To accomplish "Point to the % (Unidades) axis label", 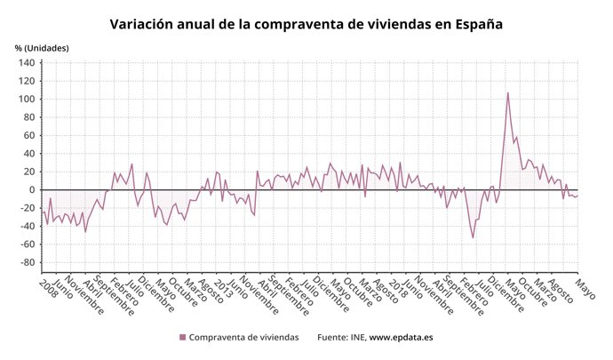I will pos(41,47).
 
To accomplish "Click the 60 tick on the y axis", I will pos(28,135).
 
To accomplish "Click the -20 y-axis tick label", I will pos(26,208).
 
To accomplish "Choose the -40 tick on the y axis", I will pos(26,226).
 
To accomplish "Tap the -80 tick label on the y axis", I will pos(26,262).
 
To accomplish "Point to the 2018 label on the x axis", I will pos(394,287).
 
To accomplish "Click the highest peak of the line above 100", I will pos(508,92).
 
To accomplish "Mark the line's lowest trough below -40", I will pos(473,236).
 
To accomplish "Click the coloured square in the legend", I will pos(183,338).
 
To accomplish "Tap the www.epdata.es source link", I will pos(401,338).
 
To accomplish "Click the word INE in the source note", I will pos(354,338).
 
